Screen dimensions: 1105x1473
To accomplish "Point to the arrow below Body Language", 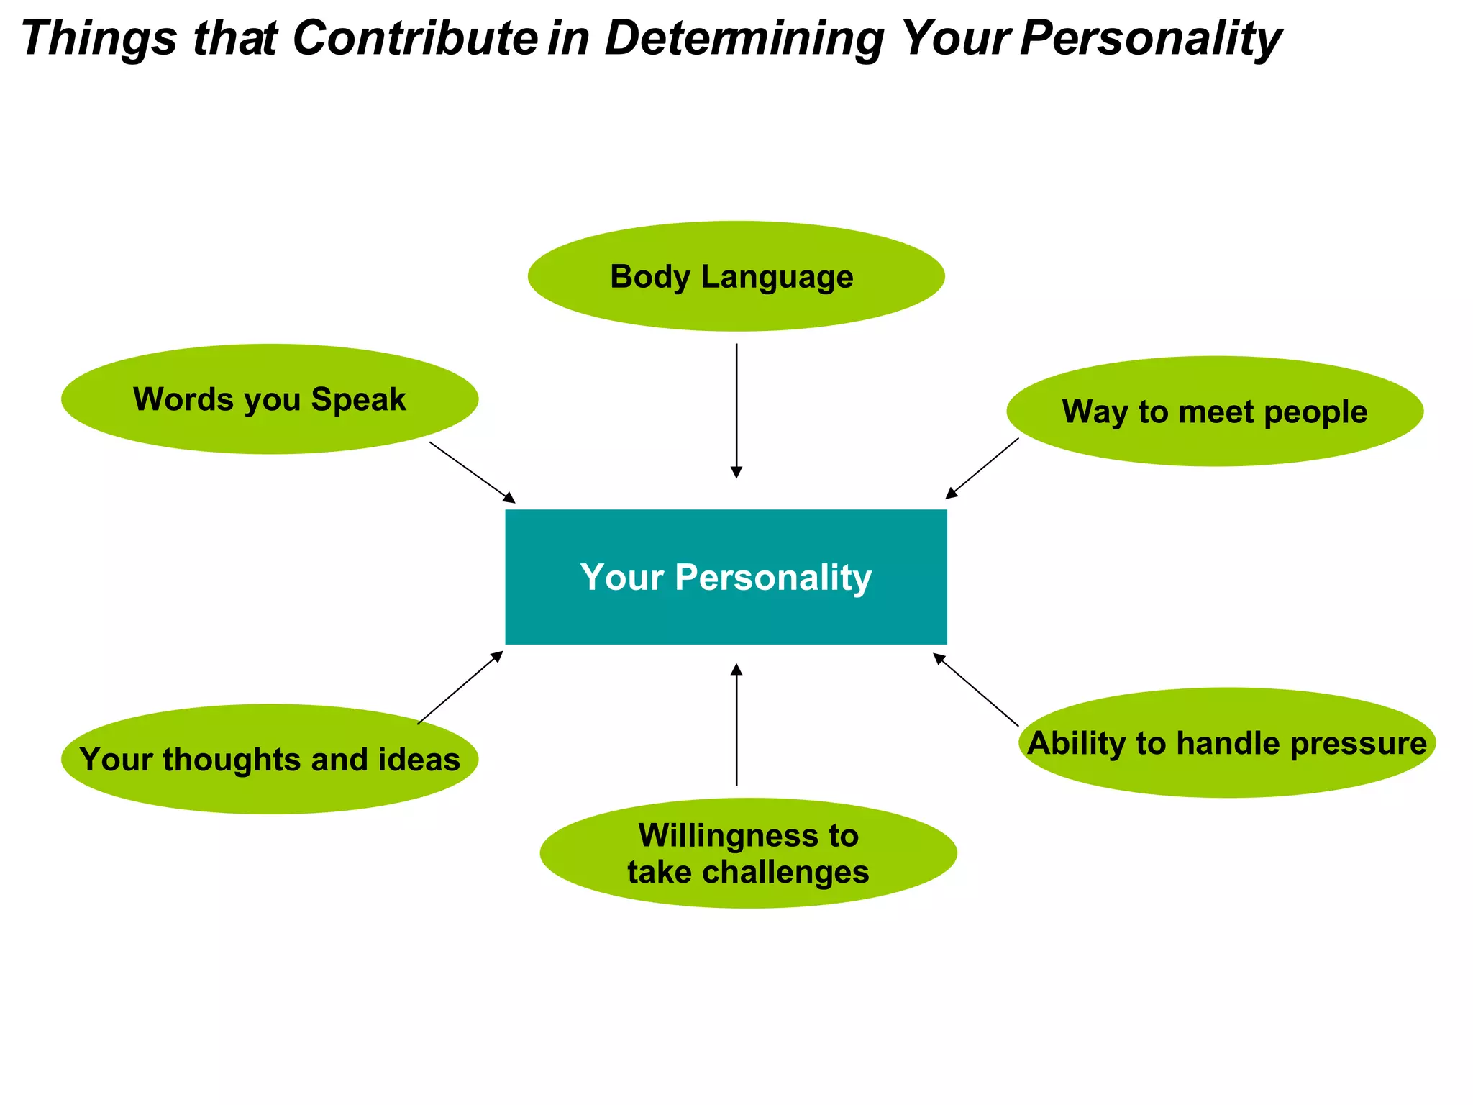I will coord(736,410).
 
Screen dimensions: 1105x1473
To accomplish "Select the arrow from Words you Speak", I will coord(472,472).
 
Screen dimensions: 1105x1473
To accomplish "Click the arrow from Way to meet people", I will coord(982,468).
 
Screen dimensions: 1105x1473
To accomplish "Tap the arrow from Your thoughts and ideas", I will coord(460,687).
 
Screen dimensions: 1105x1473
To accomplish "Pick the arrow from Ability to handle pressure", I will coord(976,690).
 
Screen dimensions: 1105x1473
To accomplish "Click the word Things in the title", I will coord(99,38).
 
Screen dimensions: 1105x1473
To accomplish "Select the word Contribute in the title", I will coord(414,38).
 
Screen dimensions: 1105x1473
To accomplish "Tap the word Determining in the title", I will coord(744,38).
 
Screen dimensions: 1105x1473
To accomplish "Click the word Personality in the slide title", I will coord(1150,38).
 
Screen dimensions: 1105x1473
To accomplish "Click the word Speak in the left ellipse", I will coord(358,399).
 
